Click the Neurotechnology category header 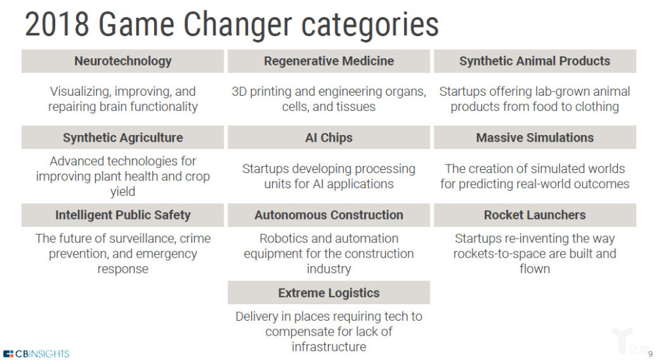[x=123, y=61]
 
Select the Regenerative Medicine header [x=329, y=61]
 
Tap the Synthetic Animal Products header [x=535, y=61]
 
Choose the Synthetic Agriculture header [x=123, y=138]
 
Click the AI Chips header [x=329, y=138]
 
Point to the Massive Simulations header [x=535, y=138]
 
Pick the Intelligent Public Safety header [x=123, y=215]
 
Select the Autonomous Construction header [x=329, y=215]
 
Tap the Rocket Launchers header [x=535, y=215]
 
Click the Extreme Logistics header [x=329, y=292]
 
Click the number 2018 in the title [x=57, y=25]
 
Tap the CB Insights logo [x=36, y=353]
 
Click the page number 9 [x=650, y=354]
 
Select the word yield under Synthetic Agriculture [x=123, y=191]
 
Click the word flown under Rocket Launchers [x=535, y=269]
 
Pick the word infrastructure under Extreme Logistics [x=329, y=347]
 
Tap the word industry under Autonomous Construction [x=329, y=269]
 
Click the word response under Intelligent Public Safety [x=123, y=270]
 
